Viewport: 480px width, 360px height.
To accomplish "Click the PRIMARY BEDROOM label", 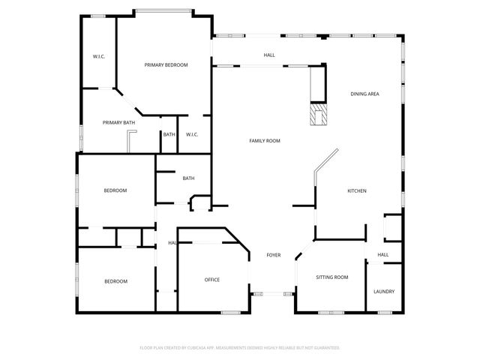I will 166,65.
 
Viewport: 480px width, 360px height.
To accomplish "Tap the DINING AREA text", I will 364,94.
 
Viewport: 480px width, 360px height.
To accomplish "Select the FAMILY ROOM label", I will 265,141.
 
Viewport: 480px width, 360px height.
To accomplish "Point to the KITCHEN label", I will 356,191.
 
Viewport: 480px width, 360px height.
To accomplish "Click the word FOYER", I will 274,256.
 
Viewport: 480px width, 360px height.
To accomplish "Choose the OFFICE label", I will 212,280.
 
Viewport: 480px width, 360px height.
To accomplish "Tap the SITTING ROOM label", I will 331,277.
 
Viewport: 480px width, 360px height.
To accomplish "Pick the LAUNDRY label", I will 384,292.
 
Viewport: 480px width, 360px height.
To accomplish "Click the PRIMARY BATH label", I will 119,122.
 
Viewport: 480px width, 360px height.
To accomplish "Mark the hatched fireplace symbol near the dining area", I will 319,115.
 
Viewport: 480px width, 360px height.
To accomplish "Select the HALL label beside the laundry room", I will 383,255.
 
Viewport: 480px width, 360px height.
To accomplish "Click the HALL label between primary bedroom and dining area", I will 269,55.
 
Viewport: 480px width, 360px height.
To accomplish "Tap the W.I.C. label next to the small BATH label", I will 192,135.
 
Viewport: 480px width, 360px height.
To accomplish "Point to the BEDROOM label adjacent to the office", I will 115,281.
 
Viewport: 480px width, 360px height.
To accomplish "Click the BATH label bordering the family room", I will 188,178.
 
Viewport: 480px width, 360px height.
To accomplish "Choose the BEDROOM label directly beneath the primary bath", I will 115,190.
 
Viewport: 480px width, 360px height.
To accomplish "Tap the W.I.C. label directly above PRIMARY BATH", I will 98,57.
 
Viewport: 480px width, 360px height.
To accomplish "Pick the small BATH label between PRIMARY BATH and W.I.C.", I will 169,135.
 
